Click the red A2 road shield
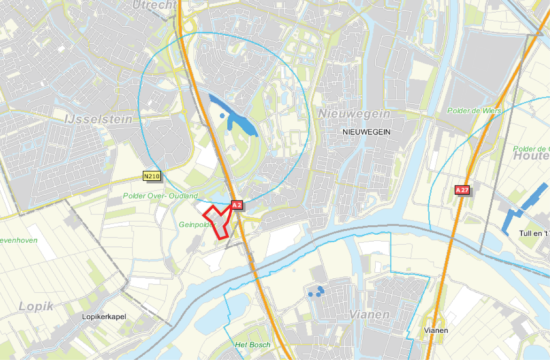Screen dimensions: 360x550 pos(237,205)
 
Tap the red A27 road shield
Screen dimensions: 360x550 pos(462,190)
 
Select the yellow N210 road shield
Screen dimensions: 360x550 pos(152,176)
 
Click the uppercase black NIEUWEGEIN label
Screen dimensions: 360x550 pos(367,132)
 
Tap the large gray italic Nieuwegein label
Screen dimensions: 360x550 pos(354,114)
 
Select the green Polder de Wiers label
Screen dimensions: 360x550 pos(474,111)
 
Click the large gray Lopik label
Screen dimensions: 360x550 pos(37,306)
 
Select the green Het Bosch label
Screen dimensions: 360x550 pos(253,345)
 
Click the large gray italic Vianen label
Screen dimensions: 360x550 pos(370,314)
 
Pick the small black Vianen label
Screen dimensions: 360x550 pos(436,330)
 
